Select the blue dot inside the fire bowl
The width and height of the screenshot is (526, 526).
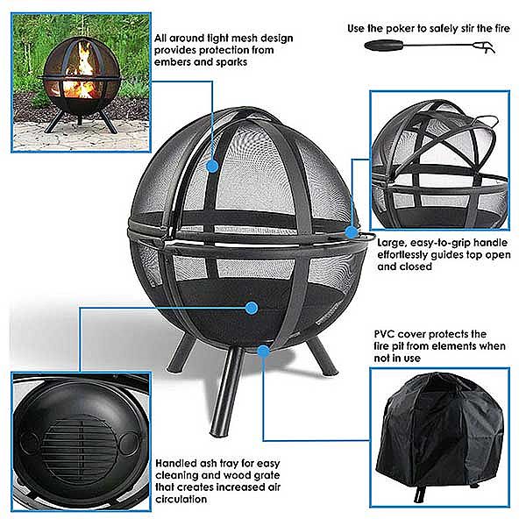(251, 308)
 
